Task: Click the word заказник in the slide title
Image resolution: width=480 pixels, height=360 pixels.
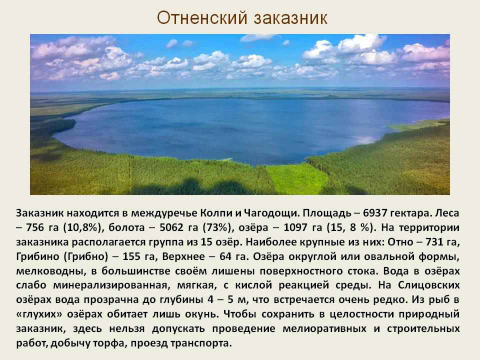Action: point(290,18)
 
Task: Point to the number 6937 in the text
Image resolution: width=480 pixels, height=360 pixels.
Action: point(375,213)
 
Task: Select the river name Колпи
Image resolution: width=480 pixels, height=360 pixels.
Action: point(216,213)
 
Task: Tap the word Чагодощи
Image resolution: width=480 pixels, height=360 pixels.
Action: point(270,213)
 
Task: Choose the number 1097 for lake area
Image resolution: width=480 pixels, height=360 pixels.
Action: point(295,227)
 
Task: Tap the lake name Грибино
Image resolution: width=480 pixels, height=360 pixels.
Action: point(37,256)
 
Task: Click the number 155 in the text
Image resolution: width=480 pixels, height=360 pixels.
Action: point(131,256)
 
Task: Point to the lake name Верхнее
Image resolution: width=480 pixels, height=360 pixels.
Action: point(183,256)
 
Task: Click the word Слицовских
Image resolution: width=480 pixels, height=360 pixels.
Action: point(428,285)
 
